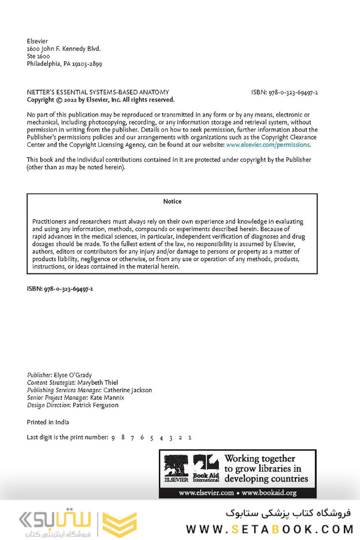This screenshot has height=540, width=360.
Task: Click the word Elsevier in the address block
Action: [37, 41]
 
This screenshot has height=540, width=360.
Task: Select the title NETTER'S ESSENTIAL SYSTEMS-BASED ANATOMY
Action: [97, 92]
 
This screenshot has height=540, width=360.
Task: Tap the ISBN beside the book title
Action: [284, 92]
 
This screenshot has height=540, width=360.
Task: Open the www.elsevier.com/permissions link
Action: [268, 145]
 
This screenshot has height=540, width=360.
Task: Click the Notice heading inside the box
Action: [172, 201]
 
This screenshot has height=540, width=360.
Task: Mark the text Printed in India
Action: [48, 422]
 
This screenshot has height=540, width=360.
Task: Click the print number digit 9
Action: [113, 438]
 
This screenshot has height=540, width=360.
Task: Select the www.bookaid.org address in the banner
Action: [270, 493]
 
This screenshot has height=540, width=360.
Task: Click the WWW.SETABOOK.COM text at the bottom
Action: [269, 529]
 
